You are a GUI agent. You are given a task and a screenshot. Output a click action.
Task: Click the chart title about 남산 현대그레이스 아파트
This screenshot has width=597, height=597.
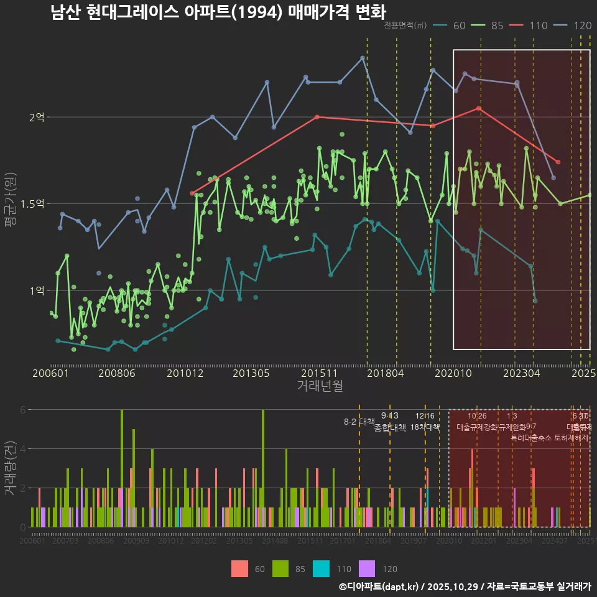point(218,12)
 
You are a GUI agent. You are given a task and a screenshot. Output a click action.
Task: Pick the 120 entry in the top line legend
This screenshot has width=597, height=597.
point(582,25)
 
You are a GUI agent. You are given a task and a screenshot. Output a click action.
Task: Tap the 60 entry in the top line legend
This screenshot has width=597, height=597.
point(459,25)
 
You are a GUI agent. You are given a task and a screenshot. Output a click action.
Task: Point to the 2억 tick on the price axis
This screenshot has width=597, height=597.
point(37,117)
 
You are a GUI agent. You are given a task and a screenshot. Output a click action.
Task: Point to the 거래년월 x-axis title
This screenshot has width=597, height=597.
point(320,386)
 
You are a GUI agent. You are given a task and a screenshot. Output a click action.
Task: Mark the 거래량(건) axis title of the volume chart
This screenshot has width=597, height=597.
point(10,468)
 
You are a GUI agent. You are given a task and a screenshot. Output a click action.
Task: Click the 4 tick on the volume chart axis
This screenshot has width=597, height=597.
point(22,448)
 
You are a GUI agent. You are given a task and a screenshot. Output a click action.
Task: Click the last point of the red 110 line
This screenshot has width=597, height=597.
point(558,162)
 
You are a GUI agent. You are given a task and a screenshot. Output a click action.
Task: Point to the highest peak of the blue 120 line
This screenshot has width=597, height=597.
point(363,58)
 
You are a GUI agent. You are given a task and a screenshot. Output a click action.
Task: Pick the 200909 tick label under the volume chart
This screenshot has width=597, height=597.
point(136,541)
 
